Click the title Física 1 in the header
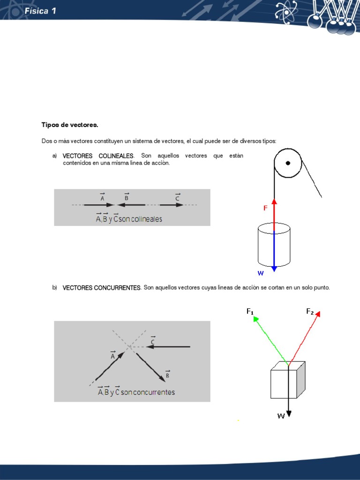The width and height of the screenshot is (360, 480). click(41, 11)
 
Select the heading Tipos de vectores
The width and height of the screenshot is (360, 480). click(70, 125)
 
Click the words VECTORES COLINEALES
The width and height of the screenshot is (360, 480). click(98, 156)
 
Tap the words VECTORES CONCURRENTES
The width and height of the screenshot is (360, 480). click(102, 288)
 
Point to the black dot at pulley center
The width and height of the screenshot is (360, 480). click(288, 163)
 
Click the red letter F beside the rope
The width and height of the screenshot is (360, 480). click(265, 208)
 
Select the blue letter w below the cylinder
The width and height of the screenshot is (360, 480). click(261, 273)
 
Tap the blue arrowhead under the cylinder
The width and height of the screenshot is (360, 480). click(274, 269)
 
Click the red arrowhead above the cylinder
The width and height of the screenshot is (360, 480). click(274, 202)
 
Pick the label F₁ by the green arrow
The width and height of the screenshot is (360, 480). click(250, 311)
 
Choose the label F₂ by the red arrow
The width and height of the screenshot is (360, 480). click(310, 311)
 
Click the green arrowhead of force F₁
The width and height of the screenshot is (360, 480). click(256, 319)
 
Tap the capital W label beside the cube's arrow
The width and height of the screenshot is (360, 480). click(281, 415)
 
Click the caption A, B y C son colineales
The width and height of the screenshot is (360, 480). click(129, 218)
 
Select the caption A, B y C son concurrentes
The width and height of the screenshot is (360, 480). click(136, 392)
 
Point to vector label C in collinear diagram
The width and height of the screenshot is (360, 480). click(178, 197)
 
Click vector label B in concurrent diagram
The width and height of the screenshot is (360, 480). click(167, 375)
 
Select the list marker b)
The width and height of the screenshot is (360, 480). click(54, 288)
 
